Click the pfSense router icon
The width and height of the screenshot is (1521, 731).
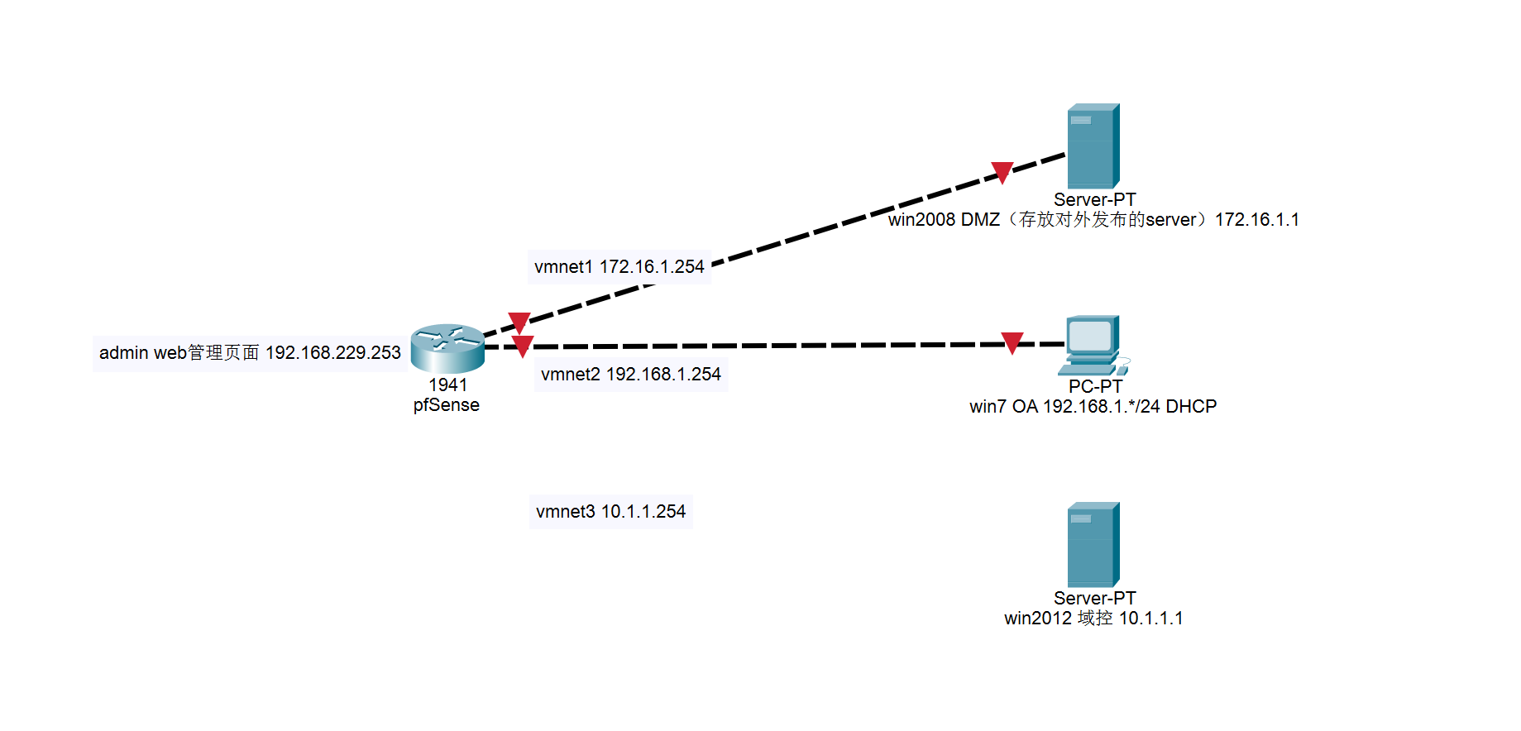coord(447,348)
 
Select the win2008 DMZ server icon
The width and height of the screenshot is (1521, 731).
coord(1093,146)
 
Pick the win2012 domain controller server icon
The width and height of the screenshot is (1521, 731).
coord(1093,545)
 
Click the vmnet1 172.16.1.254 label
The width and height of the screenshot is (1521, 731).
coord(619,267)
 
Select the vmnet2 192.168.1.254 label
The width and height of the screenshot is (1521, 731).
coord(630,375)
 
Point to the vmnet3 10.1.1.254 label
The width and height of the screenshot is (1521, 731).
coord(610,512)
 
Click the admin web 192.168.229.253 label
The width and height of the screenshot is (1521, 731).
coord(250,353)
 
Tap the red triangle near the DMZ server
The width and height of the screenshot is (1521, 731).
coord(1002,172)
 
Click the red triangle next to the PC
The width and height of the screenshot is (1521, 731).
coord(1012,342)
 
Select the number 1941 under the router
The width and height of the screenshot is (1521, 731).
coord(447,385)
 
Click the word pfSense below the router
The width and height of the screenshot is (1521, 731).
coord(447,405)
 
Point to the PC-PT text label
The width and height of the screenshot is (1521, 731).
coord(1095,387)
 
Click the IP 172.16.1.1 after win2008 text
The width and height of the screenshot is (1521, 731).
coord(1256,220)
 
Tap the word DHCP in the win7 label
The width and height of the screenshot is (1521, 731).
coord(1191,407)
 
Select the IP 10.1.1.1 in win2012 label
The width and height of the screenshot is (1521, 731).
coord(1150,619)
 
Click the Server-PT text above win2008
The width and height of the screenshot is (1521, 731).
coord(1094,200)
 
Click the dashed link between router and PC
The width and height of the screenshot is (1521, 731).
coord(744,346)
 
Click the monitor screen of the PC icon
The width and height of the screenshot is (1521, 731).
coord(1090,335)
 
